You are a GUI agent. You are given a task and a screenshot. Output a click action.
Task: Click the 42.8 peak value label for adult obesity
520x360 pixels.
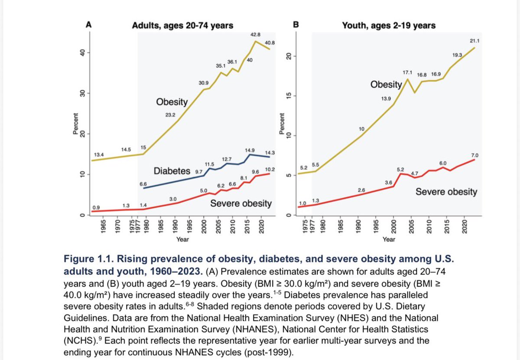(x=255, y=34)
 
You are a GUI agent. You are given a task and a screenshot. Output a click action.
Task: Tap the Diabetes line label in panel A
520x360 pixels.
(x=172, y=170)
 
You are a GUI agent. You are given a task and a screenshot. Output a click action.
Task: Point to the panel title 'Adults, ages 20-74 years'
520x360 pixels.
(x=182, y=26)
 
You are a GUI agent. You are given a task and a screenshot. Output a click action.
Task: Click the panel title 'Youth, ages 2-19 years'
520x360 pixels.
(x=389, y=26)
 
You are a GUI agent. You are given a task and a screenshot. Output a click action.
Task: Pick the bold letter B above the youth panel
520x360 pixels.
(x=296, y=25)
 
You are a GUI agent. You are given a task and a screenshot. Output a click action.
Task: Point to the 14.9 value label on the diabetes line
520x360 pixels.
(x=249, y=150)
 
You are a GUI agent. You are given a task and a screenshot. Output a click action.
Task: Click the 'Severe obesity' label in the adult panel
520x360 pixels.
(x=241, y=203)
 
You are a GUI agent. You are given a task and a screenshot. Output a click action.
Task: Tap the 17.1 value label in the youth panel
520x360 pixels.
(x=408, y=71)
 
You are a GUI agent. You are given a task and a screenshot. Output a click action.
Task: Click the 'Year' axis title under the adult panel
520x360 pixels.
(x=182, y=239)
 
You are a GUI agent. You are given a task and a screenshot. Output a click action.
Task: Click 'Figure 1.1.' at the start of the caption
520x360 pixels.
(x=87, y=260)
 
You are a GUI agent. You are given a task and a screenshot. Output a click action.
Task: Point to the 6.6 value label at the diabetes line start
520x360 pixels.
(x=143, y=184)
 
